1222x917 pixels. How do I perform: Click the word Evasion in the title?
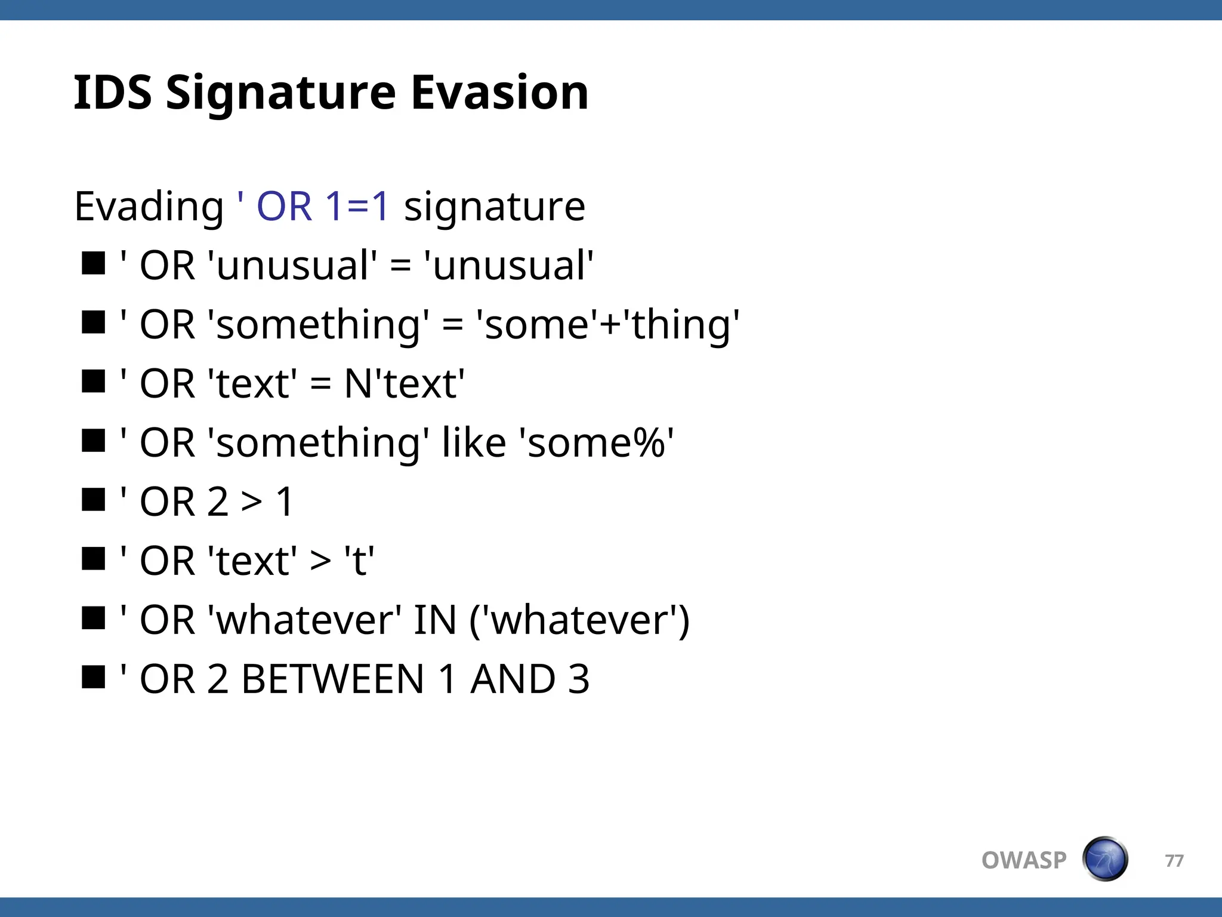pos(499,93)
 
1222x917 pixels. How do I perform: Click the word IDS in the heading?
pos(113,93)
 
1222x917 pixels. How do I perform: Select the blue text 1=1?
pos(357,206)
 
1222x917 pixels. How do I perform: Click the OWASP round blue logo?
pos(1104,859)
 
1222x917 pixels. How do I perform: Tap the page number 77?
pos(1174,860)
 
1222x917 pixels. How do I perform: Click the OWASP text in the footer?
pos(1023,860)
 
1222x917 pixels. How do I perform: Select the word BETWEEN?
pos(332,679)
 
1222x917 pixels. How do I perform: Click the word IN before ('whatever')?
pos(434,620)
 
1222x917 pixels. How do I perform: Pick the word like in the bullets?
pos(474,443)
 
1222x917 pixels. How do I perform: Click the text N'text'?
pos(404,383)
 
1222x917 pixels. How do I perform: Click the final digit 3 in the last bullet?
pos(578,679)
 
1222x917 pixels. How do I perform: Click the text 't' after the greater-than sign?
pos(359,561)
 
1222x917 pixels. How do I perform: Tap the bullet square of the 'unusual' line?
pos(94,263)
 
